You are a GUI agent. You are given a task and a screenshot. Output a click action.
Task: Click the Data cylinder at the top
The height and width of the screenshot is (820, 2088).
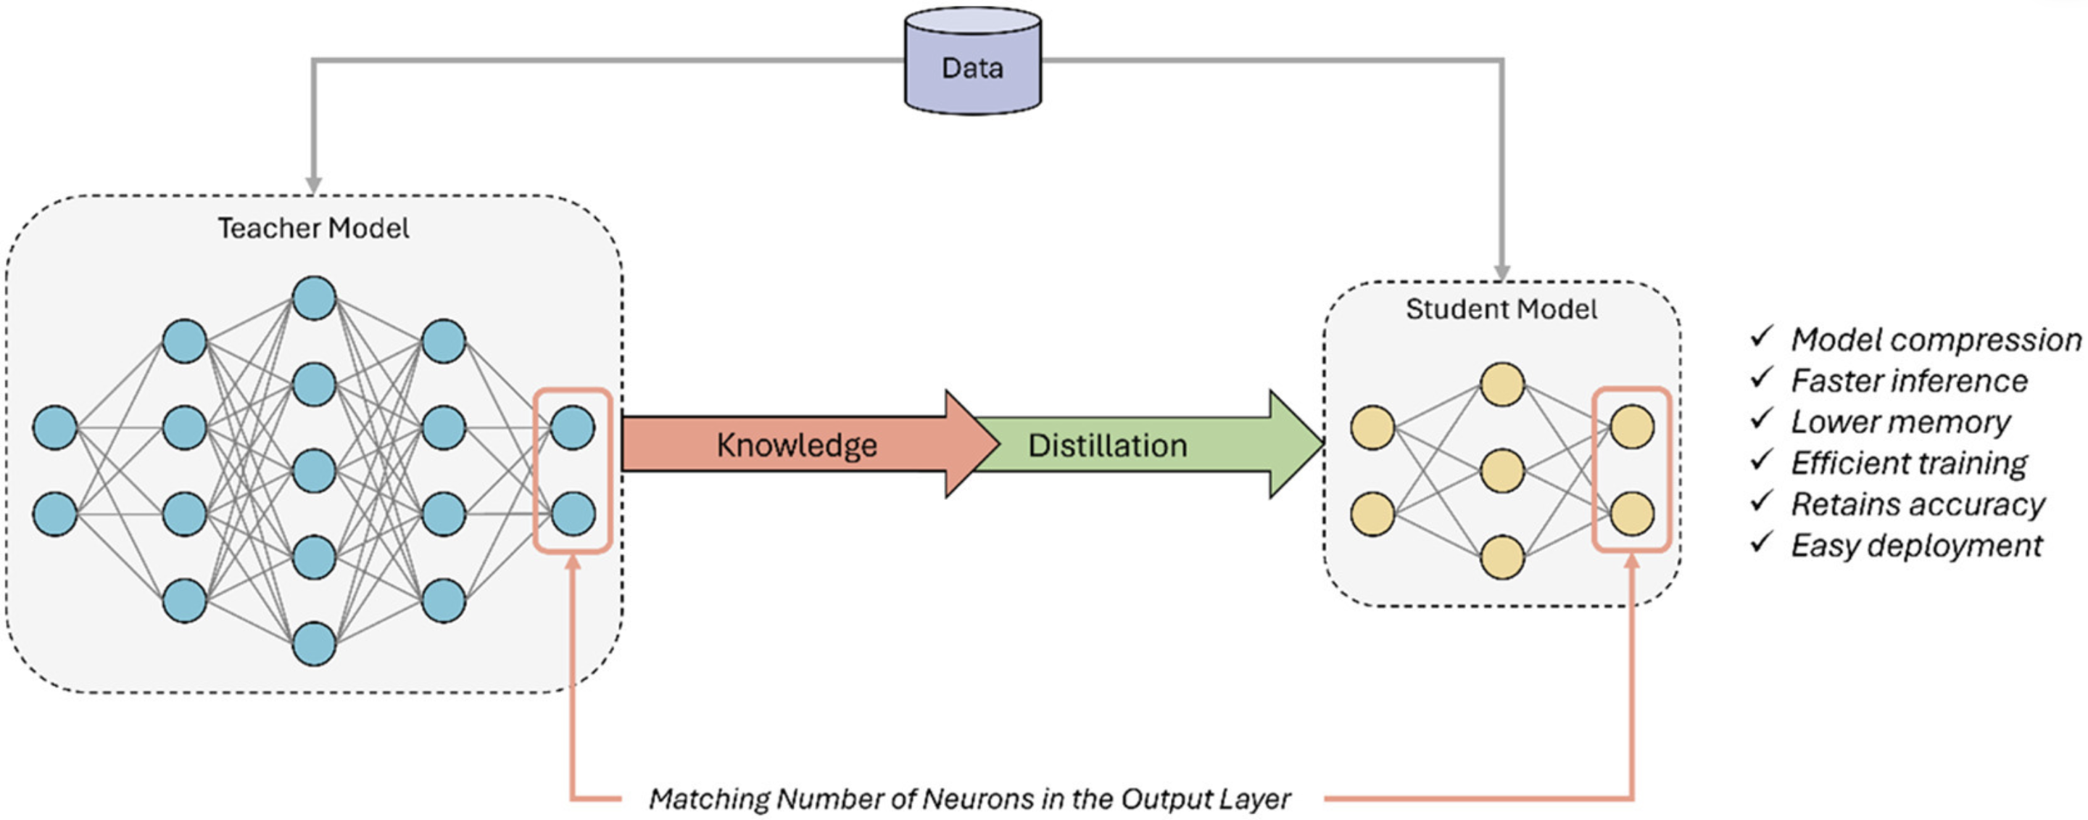(x=973, y=61)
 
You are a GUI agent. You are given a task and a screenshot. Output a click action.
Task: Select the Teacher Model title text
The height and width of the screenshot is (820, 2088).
(x=313, y=228)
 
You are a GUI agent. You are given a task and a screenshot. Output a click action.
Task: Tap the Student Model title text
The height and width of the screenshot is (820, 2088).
(x=1501, y=309)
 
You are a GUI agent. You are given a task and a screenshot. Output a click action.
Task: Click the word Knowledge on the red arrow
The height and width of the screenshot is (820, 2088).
(x=797, y=446)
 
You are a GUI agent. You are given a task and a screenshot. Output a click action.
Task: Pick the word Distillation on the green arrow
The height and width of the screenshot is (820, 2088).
(x=1107, y=446)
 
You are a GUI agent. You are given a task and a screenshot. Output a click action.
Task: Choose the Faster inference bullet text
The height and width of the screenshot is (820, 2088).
(x=1909, y=380)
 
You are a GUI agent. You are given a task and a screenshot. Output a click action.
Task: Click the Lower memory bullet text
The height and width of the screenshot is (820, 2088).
(x=1901, y=422)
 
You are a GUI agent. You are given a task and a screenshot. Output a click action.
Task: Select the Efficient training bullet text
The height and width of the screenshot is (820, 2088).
(x=1909, y=463)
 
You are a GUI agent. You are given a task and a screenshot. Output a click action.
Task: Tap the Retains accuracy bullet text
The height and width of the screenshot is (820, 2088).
(x=1918, y=504)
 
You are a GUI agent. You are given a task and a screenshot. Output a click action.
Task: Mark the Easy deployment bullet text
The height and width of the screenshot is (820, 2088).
(x=1917, y=546)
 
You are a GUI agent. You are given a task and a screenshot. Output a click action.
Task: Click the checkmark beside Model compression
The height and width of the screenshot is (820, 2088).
(x=1761, y=336)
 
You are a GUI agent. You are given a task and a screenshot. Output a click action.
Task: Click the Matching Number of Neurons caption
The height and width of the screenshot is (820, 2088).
(x=969, y=799)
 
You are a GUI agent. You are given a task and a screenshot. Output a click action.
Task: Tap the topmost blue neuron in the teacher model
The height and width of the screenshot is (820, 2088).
(x=314, y=298)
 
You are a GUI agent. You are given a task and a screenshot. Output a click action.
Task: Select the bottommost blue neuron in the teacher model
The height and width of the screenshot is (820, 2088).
(x=314, y=644)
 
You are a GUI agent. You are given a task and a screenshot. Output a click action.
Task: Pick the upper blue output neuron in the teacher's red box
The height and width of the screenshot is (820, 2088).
(x=572, y=427)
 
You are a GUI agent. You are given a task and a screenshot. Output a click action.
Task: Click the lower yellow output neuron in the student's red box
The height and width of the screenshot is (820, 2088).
(x=1632, y=514)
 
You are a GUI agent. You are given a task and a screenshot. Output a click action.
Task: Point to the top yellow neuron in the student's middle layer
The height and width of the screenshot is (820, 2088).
(x=1502, y=385)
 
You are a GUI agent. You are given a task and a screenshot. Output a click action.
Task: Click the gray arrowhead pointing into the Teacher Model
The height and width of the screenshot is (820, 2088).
(x=314, y=186)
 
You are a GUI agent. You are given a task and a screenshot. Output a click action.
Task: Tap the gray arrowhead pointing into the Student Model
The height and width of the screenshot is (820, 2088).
(x=1502, y=273)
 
